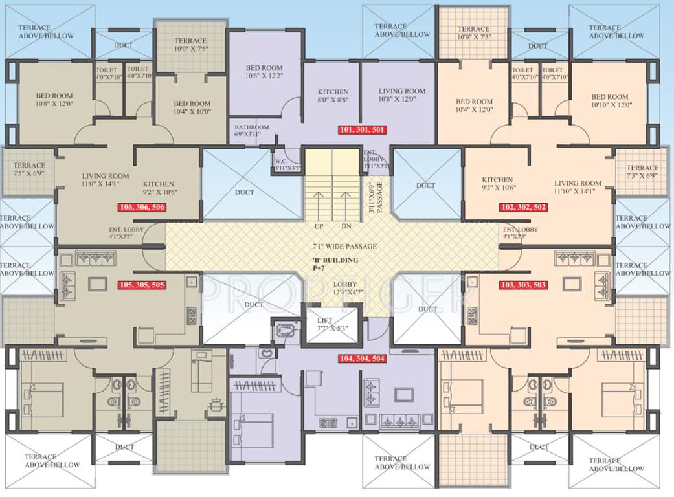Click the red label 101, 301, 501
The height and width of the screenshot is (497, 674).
pos(363,129)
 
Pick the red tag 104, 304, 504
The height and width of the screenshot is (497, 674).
pos(363,358)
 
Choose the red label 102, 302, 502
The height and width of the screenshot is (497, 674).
pos(523,207)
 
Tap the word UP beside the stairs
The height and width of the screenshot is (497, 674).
pos(319,227)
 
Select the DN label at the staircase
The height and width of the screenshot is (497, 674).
pos(346,227)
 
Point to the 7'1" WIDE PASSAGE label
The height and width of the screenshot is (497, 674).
pos(344,246)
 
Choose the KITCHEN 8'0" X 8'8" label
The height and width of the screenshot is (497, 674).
pos(333,96)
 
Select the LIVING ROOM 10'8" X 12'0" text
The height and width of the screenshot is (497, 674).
pos(401,95)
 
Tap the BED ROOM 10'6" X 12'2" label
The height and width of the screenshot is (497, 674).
pos(264,72)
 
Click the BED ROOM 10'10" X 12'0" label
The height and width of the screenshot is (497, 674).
pos(610,101)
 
